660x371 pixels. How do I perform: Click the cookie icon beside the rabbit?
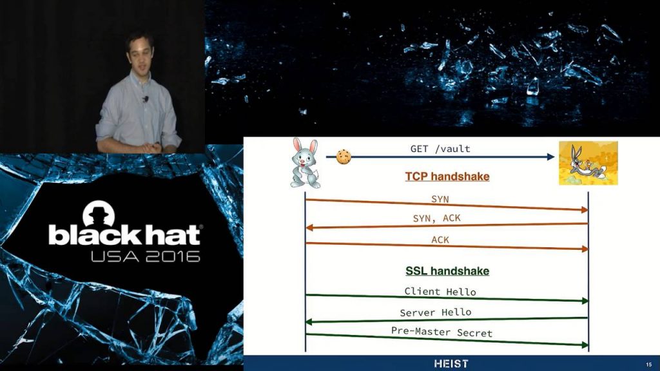coord(344,157)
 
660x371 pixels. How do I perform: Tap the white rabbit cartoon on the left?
coord(305,163)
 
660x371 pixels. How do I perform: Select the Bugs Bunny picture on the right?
coord(588,163)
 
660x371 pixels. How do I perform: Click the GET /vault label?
coord(440,149)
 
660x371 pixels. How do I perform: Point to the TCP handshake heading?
coord(447,176)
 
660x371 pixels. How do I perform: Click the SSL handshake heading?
coord(447,271)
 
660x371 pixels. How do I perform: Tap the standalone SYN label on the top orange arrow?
coord(440,200)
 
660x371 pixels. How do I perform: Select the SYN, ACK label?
coord(437,218)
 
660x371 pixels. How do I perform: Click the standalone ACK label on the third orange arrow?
coord(440,240)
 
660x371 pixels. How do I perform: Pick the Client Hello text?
coord(440,292)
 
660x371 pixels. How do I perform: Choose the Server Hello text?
coord(436,312)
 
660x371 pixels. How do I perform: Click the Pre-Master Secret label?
coord(442,332)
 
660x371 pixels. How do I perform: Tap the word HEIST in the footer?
coord(451,363)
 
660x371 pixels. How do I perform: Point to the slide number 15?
coord(648,365)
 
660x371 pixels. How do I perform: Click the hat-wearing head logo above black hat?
coord(99,214)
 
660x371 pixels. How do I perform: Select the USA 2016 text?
coord(146,256)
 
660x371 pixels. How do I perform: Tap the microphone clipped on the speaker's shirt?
coord(146,99)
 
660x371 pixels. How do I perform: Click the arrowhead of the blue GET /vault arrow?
coord(550,157)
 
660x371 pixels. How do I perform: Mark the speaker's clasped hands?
coord(152,148)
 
